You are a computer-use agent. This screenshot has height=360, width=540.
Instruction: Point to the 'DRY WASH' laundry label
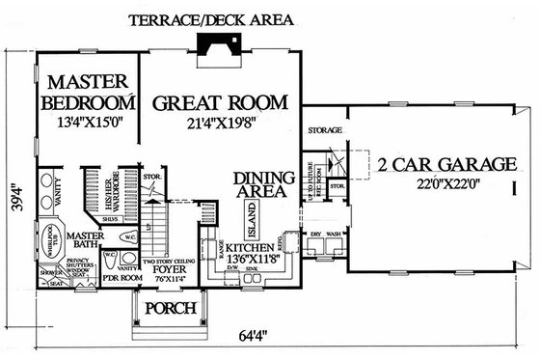324,234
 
